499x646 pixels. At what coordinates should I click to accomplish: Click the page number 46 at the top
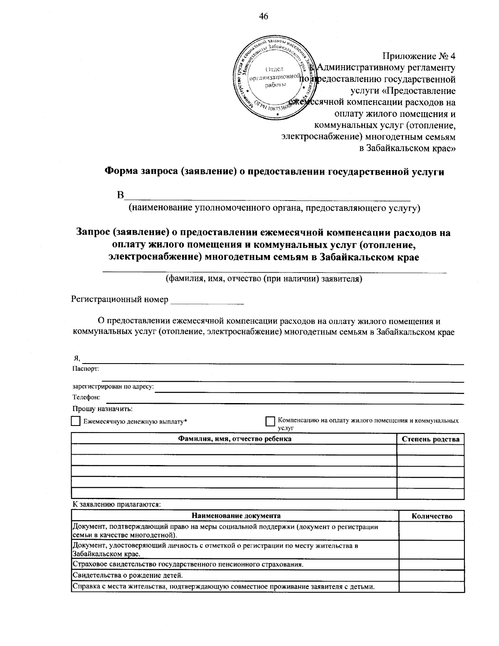pos(264,16)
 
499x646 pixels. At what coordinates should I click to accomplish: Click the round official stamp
pos(273,79)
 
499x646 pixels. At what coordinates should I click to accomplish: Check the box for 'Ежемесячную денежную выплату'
pos(76,421)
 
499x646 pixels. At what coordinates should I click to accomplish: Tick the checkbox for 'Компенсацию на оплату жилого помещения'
pos(270,421)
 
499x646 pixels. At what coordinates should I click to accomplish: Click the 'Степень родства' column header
pos(430,439)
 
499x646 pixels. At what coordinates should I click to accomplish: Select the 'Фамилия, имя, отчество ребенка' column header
pos(235,439)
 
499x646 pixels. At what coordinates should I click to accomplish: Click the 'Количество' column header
pos(432,516)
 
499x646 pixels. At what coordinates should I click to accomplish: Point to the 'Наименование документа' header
pos(236,516)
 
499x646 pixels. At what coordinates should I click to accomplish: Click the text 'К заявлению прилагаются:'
pos(116,505)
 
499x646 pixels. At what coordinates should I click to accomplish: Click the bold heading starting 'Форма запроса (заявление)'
pos(274,172)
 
